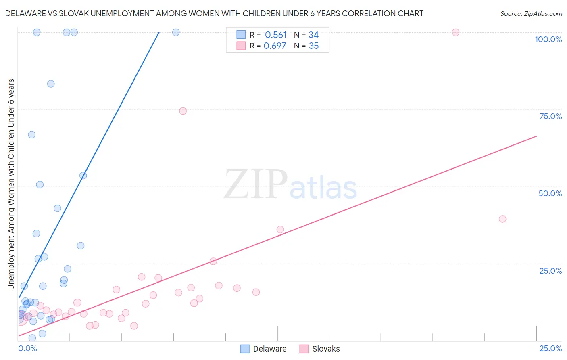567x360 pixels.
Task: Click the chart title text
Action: (x=214, y=13)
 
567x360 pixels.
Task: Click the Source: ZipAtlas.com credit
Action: (x=531, y=13)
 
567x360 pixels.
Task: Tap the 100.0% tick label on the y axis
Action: (x=548, y=39)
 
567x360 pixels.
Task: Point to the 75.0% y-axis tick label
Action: (x=550, y=116)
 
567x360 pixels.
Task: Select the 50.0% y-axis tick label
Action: (x=550, y=193)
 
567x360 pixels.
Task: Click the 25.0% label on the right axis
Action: (x=550, y=271)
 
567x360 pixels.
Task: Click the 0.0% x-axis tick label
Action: (x=27, y=348)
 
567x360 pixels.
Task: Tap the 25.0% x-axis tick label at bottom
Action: (x=550, y=348)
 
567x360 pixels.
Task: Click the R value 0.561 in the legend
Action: (x=275, y=35)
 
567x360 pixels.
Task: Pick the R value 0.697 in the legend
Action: (x=275, y=46)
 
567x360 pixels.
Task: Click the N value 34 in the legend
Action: (x=313, y=35)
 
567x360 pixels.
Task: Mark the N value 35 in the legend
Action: (x=313, y=46)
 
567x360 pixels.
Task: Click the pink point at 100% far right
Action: (x=455, y=32)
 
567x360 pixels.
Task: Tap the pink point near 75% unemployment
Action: (x=183, y=111)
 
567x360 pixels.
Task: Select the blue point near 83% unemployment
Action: (x=51, y=84)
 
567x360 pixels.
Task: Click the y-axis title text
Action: (x=11, y=184)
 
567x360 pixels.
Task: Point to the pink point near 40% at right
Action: (x=502, y=219)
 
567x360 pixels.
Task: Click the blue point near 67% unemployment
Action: (x=31, y=135)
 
